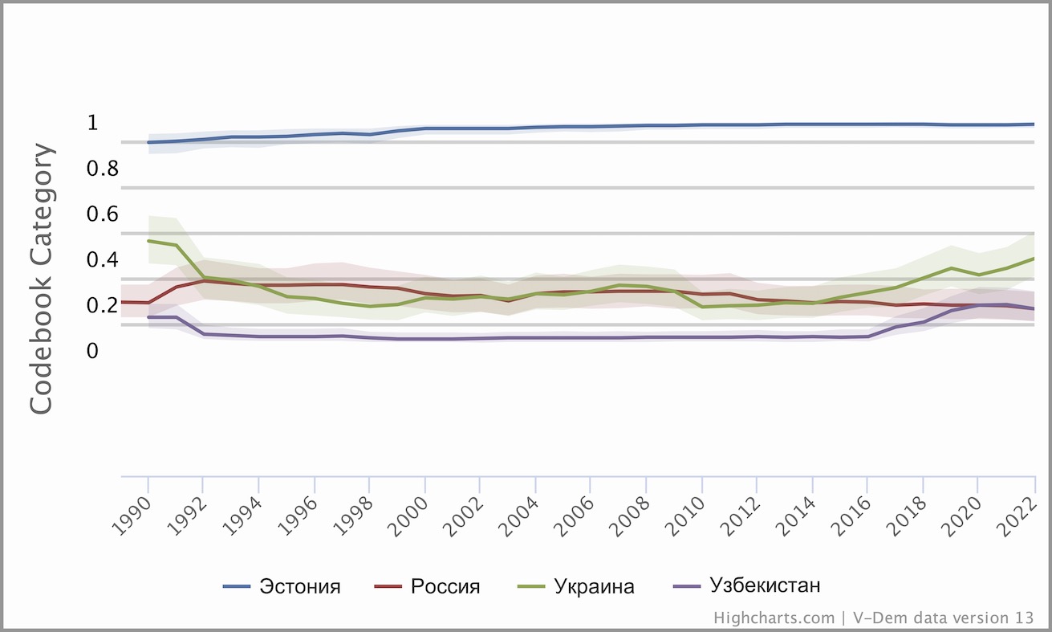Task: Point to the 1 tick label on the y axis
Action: click(92, 123)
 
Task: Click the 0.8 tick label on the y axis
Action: click(104, 169)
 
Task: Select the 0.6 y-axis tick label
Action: click(104, 214)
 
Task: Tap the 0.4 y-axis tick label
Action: click(104, 260)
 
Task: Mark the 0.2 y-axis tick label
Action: click(104, 306)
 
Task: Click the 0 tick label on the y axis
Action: click(92, 352)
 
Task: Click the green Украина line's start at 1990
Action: click(149, 241)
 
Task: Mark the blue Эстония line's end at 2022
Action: click(1034, 124)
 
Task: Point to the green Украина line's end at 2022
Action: click(1034, 259)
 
